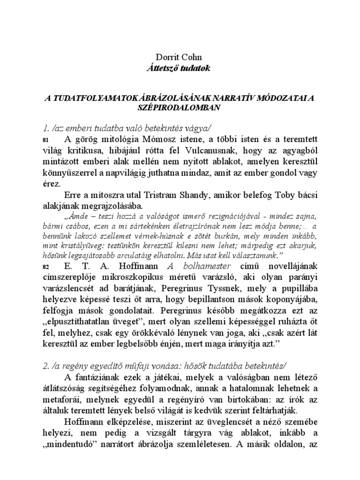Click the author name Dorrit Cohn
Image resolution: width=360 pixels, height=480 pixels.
tap(180, 58)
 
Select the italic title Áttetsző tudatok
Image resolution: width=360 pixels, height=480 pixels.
tap(180, 68)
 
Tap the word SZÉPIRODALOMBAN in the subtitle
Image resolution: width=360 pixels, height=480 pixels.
tap(180, 107)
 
